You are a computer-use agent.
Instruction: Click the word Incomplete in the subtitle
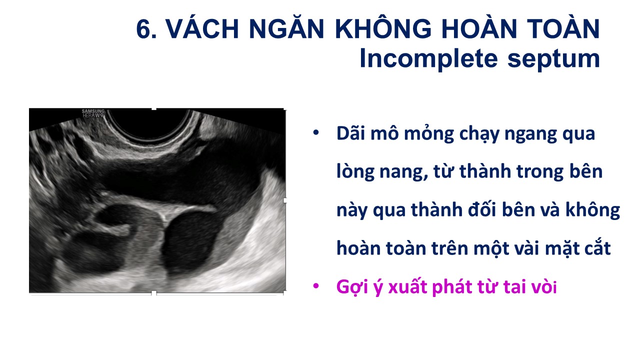click(x=428, y=59)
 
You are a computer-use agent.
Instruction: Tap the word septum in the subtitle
click(x=553, y=60)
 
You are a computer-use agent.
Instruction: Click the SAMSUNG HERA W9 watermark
click(x=93, y=113)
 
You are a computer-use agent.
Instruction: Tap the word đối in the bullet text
click(x=482, y=209)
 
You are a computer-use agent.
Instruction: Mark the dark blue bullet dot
click(x=315, y=132)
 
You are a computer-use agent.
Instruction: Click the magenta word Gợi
click(x=351, y=287)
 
